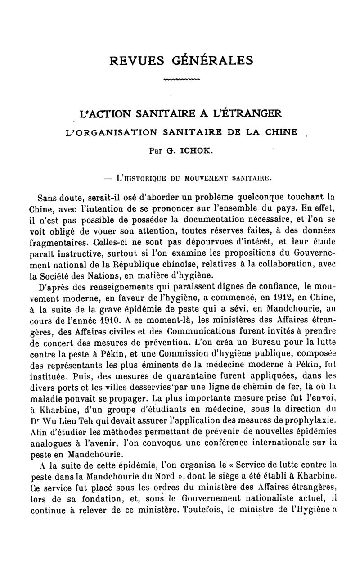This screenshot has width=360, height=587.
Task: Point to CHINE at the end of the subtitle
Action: pyautogui.click(x=279, y=132)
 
